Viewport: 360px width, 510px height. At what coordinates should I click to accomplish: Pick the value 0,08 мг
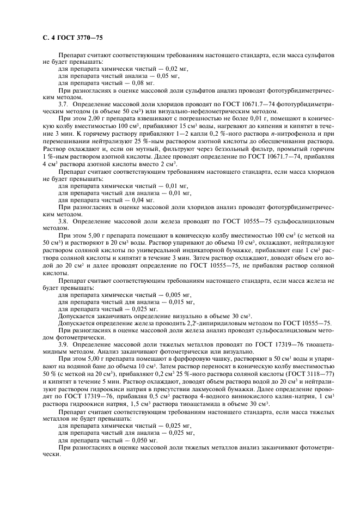(x=127, y=83)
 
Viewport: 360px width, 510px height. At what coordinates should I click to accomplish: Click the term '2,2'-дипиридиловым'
(x=205, y=323)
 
